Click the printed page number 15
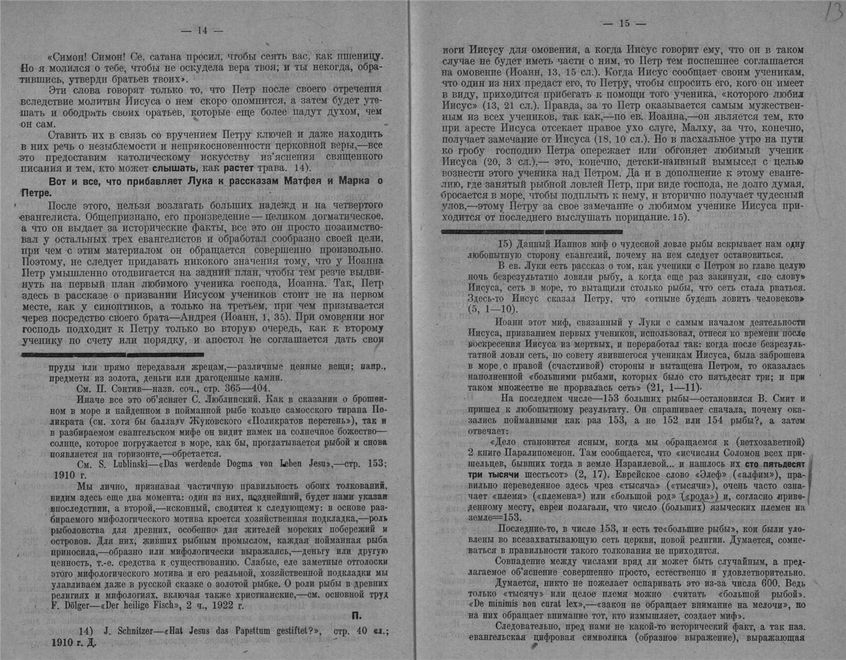pyautogui.click(x=624, y=23)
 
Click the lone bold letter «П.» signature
pyautogui.click(x=357, y=616)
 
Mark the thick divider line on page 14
pyautogui.click(x=112, y=354)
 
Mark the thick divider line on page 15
pyautogui.click(x=532, y=232)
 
